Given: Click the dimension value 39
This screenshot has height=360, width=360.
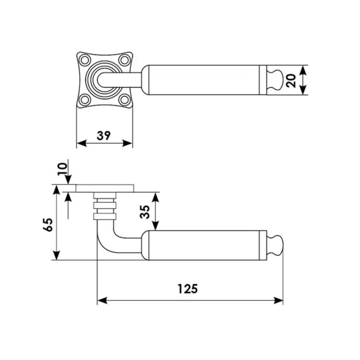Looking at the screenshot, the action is [104, 136].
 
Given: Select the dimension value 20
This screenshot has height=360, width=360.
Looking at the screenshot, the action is [291, 80].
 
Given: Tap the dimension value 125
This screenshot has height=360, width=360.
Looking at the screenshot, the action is [187, 289].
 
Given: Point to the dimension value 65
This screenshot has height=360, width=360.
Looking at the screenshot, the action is [48, 225].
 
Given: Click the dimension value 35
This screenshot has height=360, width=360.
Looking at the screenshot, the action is [145, 212].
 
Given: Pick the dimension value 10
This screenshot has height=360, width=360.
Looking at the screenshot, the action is [62, 169].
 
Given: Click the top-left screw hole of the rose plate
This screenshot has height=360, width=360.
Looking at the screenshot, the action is [85, 60].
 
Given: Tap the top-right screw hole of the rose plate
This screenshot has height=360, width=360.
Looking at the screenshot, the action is [124, 60].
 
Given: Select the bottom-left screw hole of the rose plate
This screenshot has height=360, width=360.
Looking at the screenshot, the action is [85, 100].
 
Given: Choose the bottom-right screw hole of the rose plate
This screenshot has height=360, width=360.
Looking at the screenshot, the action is [124, 100].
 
